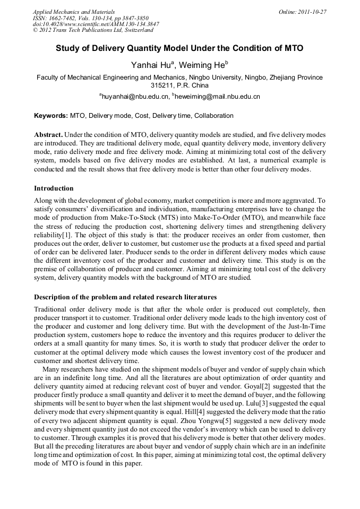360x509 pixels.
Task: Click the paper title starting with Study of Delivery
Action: pyautogui.click(x=179, y=48)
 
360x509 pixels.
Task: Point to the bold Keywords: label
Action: pyautogui.click(x=51, y=116)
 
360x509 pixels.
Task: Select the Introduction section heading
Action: pyautogui.click(x=54, y=188)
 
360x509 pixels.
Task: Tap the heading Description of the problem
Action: pyautogui.click(x=125, y=297)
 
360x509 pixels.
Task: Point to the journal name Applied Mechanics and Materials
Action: pyautogui.click(x=73, y=12)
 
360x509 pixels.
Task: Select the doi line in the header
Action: pyautogui.click(x=96, y=24)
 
